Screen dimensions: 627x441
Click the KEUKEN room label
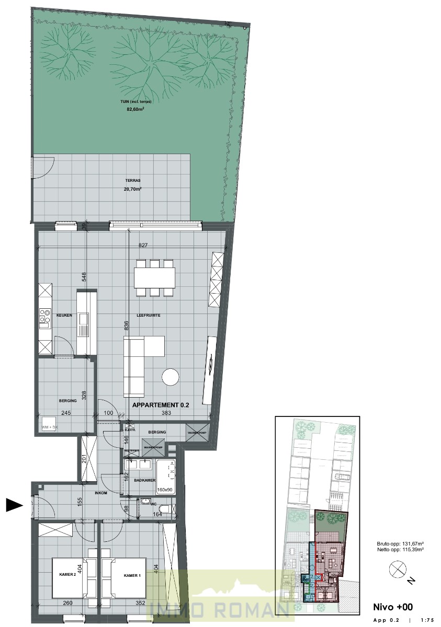click(64, 316)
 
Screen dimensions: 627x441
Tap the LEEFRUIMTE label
click(148, 316)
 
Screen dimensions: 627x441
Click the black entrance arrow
click(14, 505)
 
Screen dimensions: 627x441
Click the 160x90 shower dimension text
click(166, 490)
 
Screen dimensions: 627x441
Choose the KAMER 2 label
click(67, 575)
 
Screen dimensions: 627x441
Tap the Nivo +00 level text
click(393, 607)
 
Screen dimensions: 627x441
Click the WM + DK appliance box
click(50, 427)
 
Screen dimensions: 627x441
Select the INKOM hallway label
click(101, 493)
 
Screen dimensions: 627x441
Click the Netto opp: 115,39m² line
click(400, 550)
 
